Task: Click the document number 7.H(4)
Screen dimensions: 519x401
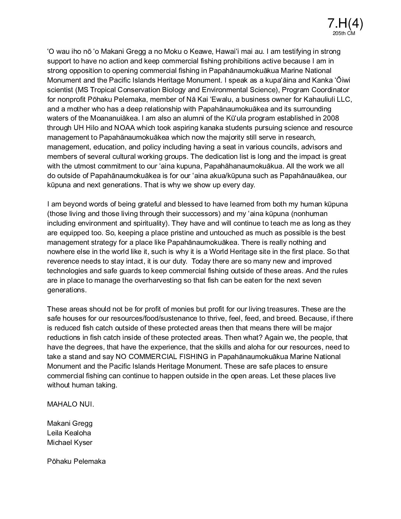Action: click(345, 24)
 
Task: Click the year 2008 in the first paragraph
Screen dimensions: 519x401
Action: click(331, 118)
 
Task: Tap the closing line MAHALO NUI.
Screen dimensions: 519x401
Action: click(70, 404)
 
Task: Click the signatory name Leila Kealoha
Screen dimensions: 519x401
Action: click(69, 433)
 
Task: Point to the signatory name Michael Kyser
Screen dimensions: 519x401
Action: click(70, 442)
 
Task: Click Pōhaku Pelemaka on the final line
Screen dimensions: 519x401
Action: click(76, 461)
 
